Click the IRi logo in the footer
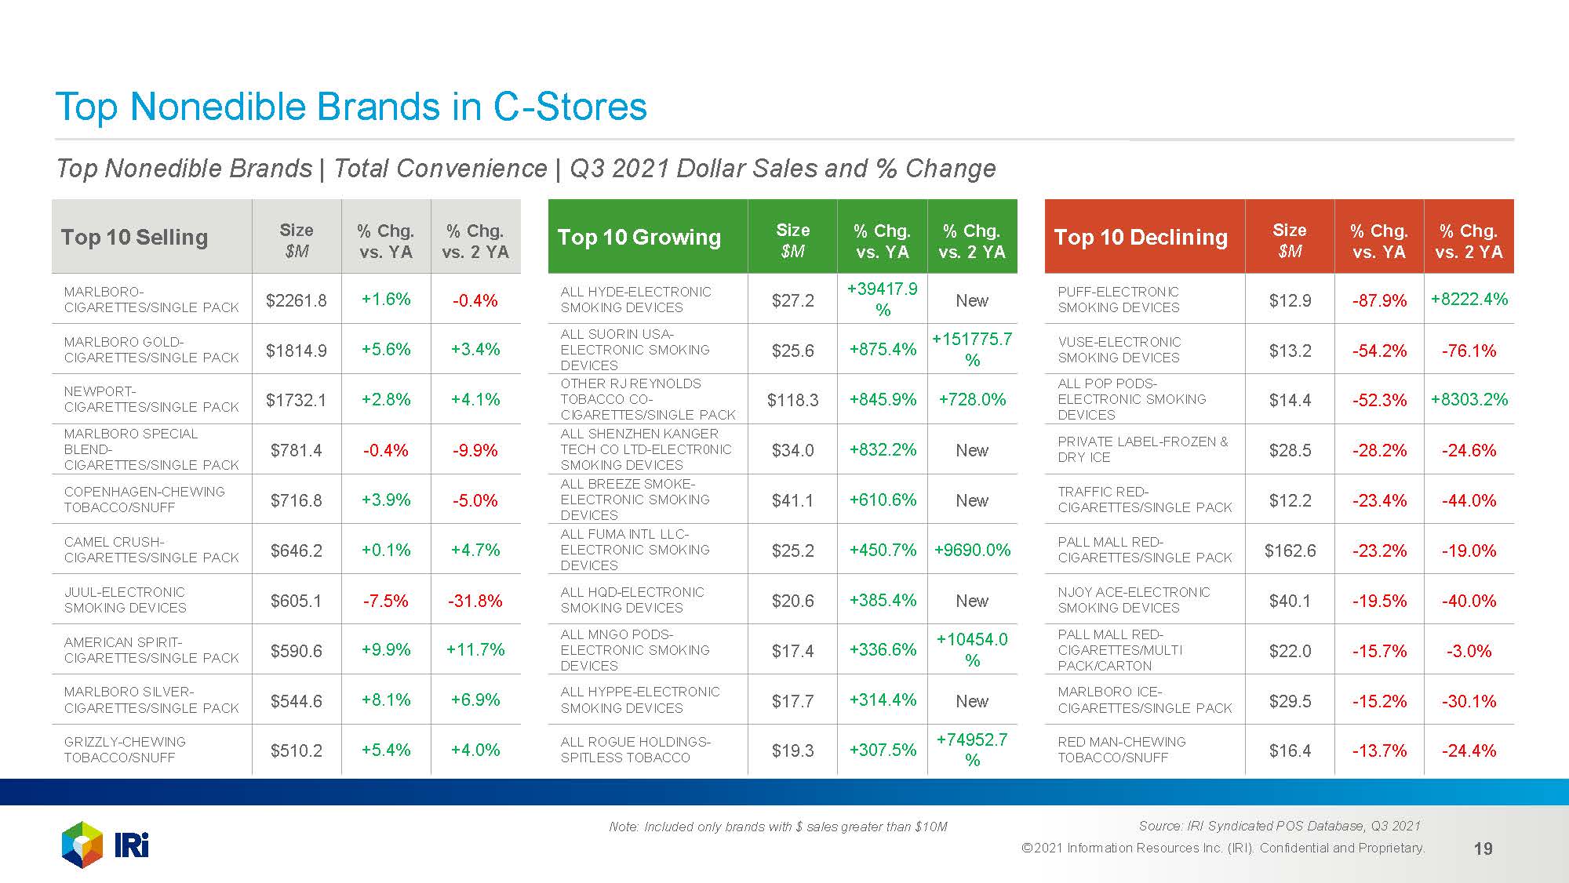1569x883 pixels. (105, 845)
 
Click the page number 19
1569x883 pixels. (1483, 848)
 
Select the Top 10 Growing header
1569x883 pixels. (639, 237)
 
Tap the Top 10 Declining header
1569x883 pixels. (1141, 237)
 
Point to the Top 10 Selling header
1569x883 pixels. (134, 237)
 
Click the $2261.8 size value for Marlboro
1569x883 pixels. (297, 300)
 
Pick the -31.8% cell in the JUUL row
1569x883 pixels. (475, 601)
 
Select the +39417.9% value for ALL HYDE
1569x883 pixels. (883, 300)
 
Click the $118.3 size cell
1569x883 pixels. (792, 400)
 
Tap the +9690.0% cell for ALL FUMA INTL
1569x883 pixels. (972, 551)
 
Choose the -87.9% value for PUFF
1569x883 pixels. (1379, 300)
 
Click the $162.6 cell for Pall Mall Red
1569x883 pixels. (1290, 551)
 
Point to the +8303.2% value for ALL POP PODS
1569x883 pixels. (1469, 400)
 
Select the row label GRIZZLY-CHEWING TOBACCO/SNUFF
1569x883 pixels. (126, 750)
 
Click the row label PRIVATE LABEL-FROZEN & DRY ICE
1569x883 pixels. (1142, 449)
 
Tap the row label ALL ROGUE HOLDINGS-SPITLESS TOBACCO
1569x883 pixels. (635, 750)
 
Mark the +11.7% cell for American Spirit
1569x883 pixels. (475, 649)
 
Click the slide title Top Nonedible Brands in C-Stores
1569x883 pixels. (351, 107)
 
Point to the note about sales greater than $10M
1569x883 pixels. (777, 827)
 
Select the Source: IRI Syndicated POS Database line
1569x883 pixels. (1279, 826)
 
